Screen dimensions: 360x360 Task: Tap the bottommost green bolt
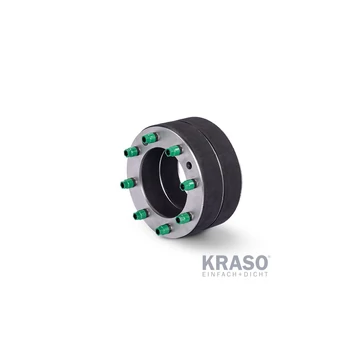coord(163,229)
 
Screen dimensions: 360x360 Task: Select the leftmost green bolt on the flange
coord(126,183)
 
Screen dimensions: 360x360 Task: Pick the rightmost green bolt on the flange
coord(188,185)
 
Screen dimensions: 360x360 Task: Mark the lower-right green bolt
coord(184,217)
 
